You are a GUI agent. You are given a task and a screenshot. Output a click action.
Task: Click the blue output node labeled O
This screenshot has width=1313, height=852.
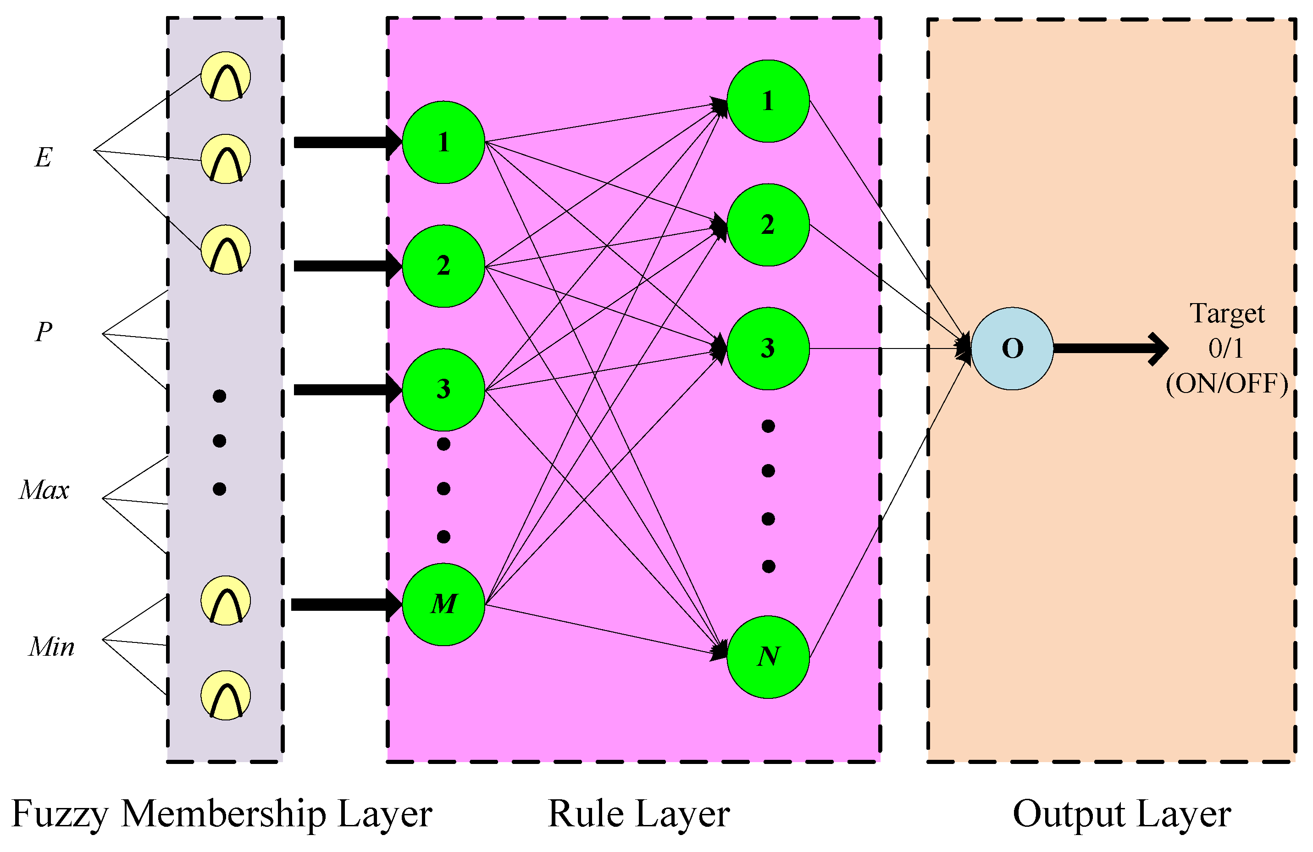pyautogui.click(x=1012, y=349)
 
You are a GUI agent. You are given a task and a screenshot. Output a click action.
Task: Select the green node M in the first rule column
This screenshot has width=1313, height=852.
pyautogui.click(x=443, y=604)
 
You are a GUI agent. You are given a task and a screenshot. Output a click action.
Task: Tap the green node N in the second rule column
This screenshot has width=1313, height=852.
pyautogui.click(x=768, y=657)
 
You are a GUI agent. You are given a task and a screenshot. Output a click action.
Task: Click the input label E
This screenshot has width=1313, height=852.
pyautogui.click(x=44, y=158)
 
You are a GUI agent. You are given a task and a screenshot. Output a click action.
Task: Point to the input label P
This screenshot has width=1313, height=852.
pyautogui.click(x=44, y=332)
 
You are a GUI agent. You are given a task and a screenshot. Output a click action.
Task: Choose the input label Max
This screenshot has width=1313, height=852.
pyautogui.click(x=44, y=490)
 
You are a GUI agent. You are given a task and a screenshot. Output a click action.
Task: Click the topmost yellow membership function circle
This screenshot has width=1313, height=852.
pyautogui.click(x=226, y=77)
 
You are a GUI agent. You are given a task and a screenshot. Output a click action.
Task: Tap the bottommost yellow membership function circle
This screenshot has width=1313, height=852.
pyautogui.click(x=226, y=695)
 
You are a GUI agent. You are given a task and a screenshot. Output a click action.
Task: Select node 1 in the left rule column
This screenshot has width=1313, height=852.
pyautogui.click(x=443, y=142)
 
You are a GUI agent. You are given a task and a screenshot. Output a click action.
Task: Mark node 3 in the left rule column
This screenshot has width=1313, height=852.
pyautogui.click(x=443, y=390)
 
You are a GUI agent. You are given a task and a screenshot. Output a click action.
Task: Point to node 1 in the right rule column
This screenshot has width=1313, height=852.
pyautogui.click(x=768, y=101)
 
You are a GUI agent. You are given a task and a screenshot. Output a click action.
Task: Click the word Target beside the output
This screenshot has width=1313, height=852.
pyautogui.click(x=1226, y=314)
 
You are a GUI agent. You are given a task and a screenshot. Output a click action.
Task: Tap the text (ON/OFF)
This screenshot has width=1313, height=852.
pyautogui.click(x=1226, y=384)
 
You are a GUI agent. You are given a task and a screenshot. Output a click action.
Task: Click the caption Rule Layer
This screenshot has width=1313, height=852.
pyautogui.click(x=639, y=814)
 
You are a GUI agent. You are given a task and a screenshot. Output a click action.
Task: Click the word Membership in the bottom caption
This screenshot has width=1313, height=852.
pyautogui.click(x=223, y=814)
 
